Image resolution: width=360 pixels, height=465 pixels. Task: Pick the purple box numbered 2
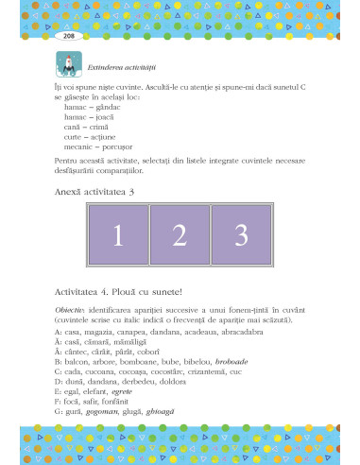(179, 235)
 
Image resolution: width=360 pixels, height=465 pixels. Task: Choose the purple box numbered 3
(241, 235)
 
